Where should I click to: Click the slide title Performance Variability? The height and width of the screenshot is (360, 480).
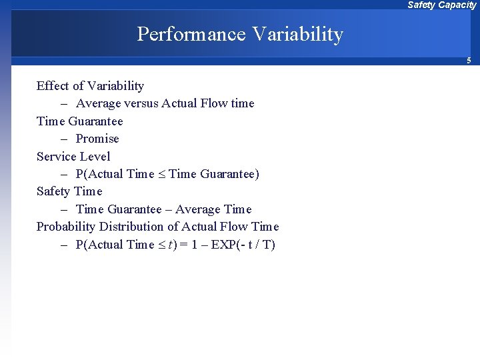tap(240, 34)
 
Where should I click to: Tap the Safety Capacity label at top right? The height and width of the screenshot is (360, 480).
tap(441, 5)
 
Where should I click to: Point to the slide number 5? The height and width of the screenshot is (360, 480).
tap(469, 61)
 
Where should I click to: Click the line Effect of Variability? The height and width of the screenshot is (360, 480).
tap(90, 86)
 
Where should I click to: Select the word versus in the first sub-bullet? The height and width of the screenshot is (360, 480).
tap(140, 104)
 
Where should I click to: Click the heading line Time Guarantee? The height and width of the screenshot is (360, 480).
tap(79, 121)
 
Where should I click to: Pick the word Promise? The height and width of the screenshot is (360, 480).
tap(97, 139)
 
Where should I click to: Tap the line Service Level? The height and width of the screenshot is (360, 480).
tap(73, 157)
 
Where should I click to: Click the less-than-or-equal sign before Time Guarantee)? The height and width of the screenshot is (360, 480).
tap(162, 175)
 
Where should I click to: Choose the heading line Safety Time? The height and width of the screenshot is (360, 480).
tap(69, 191)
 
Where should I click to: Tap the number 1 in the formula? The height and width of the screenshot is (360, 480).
tap(194, 245)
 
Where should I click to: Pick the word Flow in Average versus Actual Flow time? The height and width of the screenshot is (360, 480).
tap(209, 104)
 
